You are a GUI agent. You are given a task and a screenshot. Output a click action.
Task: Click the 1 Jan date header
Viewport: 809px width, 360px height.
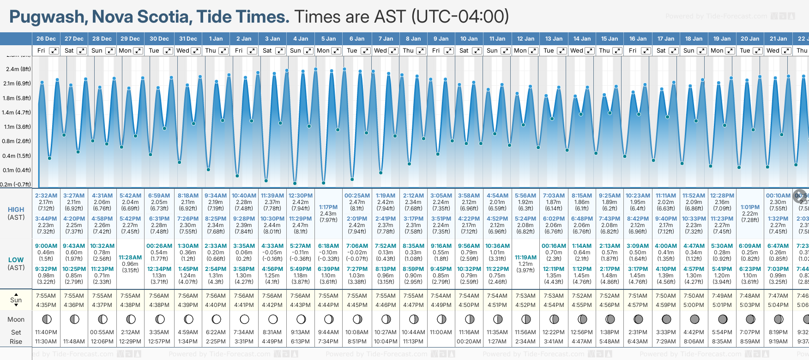click(x=216, y=39)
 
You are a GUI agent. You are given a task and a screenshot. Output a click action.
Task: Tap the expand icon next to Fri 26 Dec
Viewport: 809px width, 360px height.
click(x=54, y=51)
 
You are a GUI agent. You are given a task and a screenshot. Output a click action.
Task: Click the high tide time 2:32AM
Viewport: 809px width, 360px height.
click(x=46, y=196)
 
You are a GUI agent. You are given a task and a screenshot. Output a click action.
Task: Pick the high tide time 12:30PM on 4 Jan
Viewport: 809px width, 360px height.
click(x=301, y=196)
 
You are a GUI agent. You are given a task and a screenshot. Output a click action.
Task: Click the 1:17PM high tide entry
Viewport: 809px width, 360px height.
click(x=329, y=207)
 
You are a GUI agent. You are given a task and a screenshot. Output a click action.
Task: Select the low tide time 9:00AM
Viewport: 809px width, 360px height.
click(x=46, y=246)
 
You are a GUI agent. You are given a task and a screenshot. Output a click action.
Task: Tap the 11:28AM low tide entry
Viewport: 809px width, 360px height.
click(x=130, y=258)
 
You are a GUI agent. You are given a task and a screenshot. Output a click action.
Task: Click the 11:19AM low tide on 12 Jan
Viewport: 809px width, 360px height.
click(x=525, y=258)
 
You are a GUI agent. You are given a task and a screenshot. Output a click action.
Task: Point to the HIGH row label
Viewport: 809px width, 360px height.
click(x=16, y=210)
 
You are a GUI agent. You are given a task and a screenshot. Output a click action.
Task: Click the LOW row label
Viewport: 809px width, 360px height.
click(x=16, y=260)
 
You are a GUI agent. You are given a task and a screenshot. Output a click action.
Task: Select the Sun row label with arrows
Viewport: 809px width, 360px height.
click(x=16, y=300)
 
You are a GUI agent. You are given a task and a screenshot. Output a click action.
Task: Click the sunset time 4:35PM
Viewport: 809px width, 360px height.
click(x=46, y=305)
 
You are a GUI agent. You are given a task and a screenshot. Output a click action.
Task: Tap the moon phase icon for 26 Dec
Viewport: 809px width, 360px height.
click(x=46, y=319)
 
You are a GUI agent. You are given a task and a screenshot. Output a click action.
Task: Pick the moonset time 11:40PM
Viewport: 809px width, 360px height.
click(x=46, y=332)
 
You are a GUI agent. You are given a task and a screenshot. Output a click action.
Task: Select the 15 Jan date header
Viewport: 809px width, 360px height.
click(x=610, y=39)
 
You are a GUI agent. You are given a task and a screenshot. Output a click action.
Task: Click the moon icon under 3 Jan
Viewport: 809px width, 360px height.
click(x=272, y=319)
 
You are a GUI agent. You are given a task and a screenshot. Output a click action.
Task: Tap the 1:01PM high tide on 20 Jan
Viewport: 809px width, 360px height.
click(x=750, y=207)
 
